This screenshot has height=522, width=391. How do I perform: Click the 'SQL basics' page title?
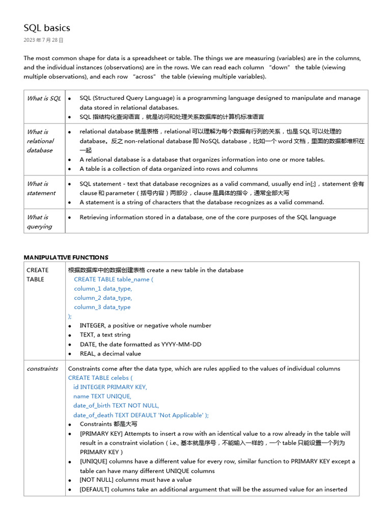(x=47, y=28)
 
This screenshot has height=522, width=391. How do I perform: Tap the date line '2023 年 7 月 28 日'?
(x=44, y=40)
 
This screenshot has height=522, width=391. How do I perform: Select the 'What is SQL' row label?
(x=44, y=98)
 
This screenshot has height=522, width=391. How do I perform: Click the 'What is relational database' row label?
(x=40, y=141)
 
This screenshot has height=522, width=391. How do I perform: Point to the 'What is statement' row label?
(x=41, y=188)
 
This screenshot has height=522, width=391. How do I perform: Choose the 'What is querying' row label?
(x=39, y=222)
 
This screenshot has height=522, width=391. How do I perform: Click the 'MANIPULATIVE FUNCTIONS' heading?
(x=66, y=257)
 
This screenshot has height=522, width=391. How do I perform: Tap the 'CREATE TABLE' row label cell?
(x=37, y=275)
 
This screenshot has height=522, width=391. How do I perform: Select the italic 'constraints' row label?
(x=42, y=369)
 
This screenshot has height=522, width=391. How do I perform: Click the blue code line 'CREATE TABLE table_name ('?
(x=114, y=279)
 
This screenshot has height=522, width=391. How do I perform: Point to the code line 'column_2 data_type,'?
(x=103, y=298)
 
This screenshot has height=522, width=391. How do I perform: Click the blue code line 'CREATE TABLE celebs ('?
(x=100, y=378)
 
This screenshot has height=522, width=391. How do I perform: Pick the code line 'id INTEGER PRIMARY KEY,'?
(x=110, y=387)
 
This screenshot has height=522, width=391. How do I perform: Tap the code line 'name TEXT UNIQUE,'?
(x=102, y=396)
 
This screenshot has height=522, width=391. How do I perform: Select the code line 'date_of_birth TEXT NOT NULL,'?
(x=116, y=406)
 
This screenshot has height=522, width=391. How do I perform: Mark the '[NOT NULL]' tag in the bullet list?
(x=97, y=480)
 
